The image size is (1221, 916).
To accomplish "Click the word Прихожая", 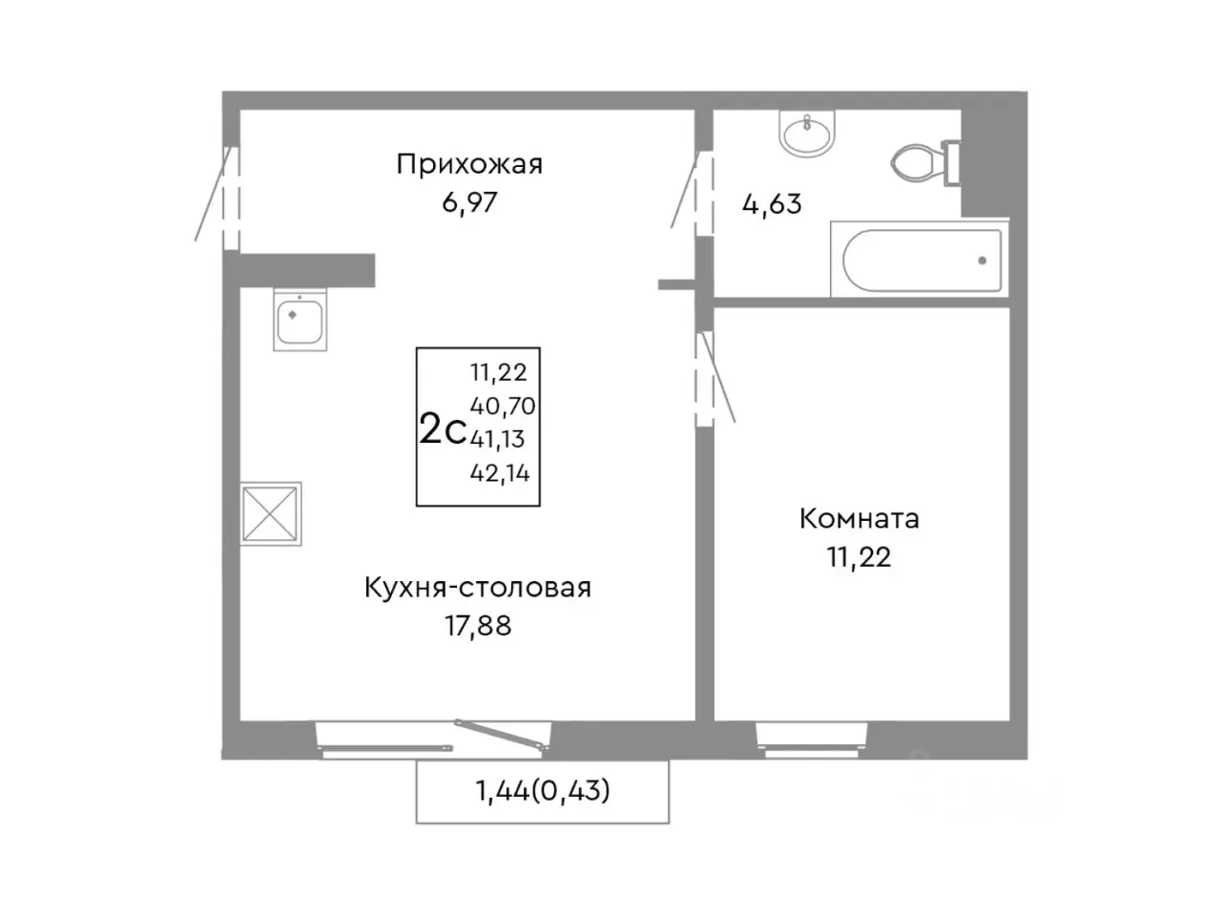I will pyautogui.click(x=469, y=164).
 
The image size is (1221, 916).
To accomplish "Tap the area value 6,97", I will pyautogui.click(x=469, y=202).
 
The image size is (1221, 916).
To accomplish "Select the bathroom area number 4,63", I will pyautogui.click(x=772, y=204).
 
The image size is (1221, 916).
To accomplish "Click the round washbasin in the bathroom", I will pyautogui.click(x=807, y=132).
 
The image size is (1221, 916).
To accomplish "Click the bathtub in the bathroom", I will pyautogui.click(x=917, y=260).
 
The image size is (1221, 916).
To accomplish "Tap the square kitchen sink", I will pyautogui.click(x=300, y=319).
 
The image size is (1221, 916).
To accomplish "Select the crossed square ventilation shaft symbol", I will pyautogui.click(x=271, y=513).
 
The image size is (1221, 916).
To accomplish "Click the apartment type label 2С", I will pyautogui.click(x=443, y=430).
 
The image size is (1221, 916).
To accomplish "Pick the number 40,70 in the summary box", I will pyautogui.click(x=503, y=406).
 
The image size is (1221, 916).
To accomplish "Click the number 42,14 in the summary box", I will pyautogui.click(x=500, y=472).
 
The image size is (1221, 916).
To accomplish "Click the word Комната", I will pyautogui.click(x=859, y=519).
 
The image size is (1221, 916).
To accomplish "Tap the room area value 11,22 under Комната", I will pyautogui.click(x=859, y=557).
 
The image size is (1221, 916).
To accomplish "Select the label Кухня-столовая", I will pyautogui.click(x=477, y=588).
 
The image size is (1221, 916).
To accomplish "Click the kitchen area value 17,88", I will pyautogui.click(x=477, y=626).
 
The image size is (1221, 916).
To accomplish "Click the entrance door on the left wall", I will pyautogui.click(x=229, y=197).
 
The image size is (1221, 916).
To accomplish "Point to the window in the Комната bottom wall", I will pyautogui.click(x=813, y=738).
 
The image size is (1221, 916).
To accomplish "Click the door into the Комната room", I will pyautogui.click(x=706, y=376).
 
